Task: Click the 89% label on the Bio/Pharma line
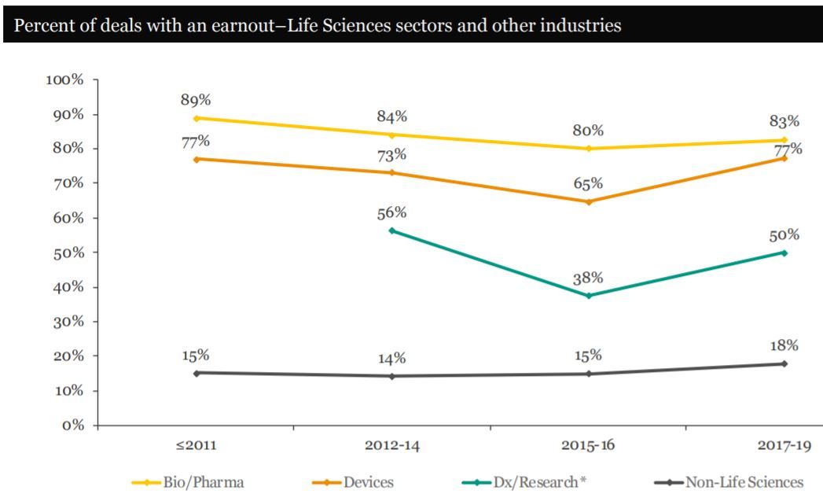click(x=196, y=100)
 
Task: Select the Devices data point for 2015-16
click(x=588, y=201)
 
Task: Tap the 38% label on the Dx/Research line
click(x=588, y=278)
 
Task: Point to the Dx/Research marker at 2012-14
click(x=391, y=230)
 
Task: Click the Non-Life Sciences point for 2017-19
click(x=784, y=363)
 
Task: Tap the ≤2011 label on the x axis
click(x=196, y=445)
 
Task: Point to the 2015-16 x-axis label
click(x=588, y=445)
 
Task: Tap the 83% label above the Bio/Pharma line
click(x=784, y=121)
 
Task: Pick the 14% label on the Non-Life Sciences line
click(x=391, y=359)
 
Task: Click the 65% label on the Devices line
click(x=588, y=183)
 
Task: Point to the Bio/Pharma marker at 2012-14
click(x=391, y=135)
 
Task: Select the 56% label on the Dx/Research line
click(x=391, y=213)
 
